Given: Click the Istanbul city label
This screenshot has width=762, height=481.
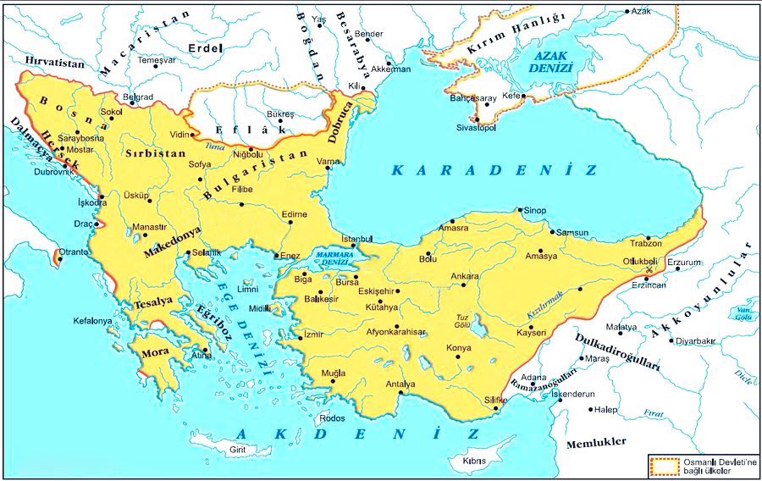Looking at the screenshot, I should tap(356, 239).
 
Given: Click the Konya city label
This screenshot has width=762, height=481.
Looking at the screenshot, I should tap(458, 348).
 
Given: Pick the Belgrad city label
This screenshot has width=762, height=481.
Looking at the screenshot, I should tap(138, 97).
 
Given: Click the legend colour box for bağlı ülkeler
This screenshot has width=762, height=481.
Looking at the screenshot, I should tap(664, 465).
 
